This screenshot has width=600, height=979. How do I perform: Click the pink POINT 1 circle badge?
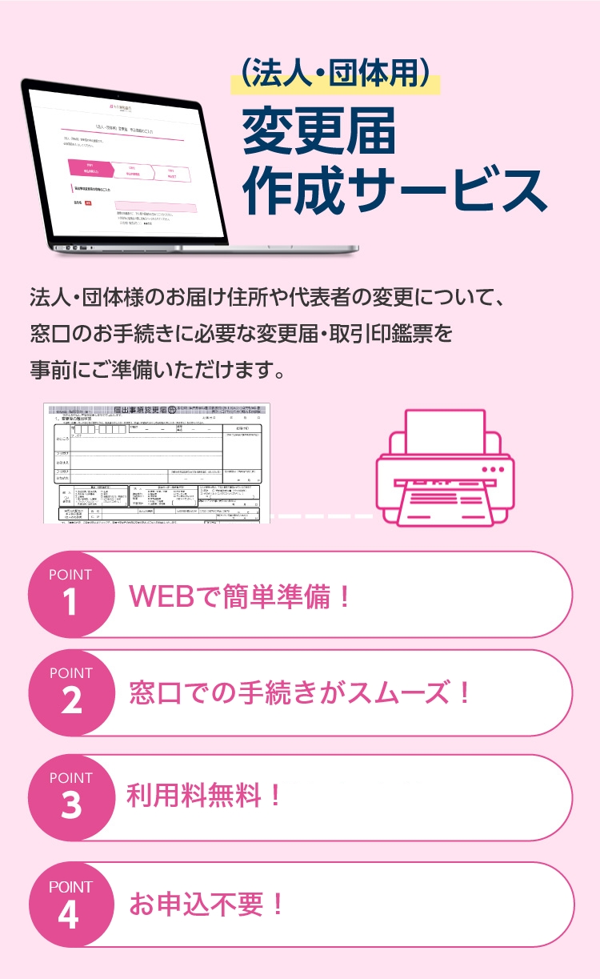(70, 594)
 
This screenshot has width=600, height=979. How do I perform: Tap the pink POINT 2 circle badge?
(70, 692)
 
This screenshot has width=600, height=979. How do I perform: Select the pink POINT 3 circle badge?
(70, 797)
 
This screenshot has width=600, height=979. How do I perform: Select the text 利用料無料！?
(205, 796)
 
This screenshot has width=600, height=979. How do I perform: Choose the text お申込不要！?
(207, 905)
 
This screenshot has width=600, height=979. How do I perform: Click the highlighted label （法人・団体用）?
(335, 74)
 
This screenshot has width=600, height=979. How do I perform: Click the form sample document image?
(157, 463)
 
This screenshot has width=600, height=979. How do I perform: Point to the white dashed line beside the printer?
(320, 516)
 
